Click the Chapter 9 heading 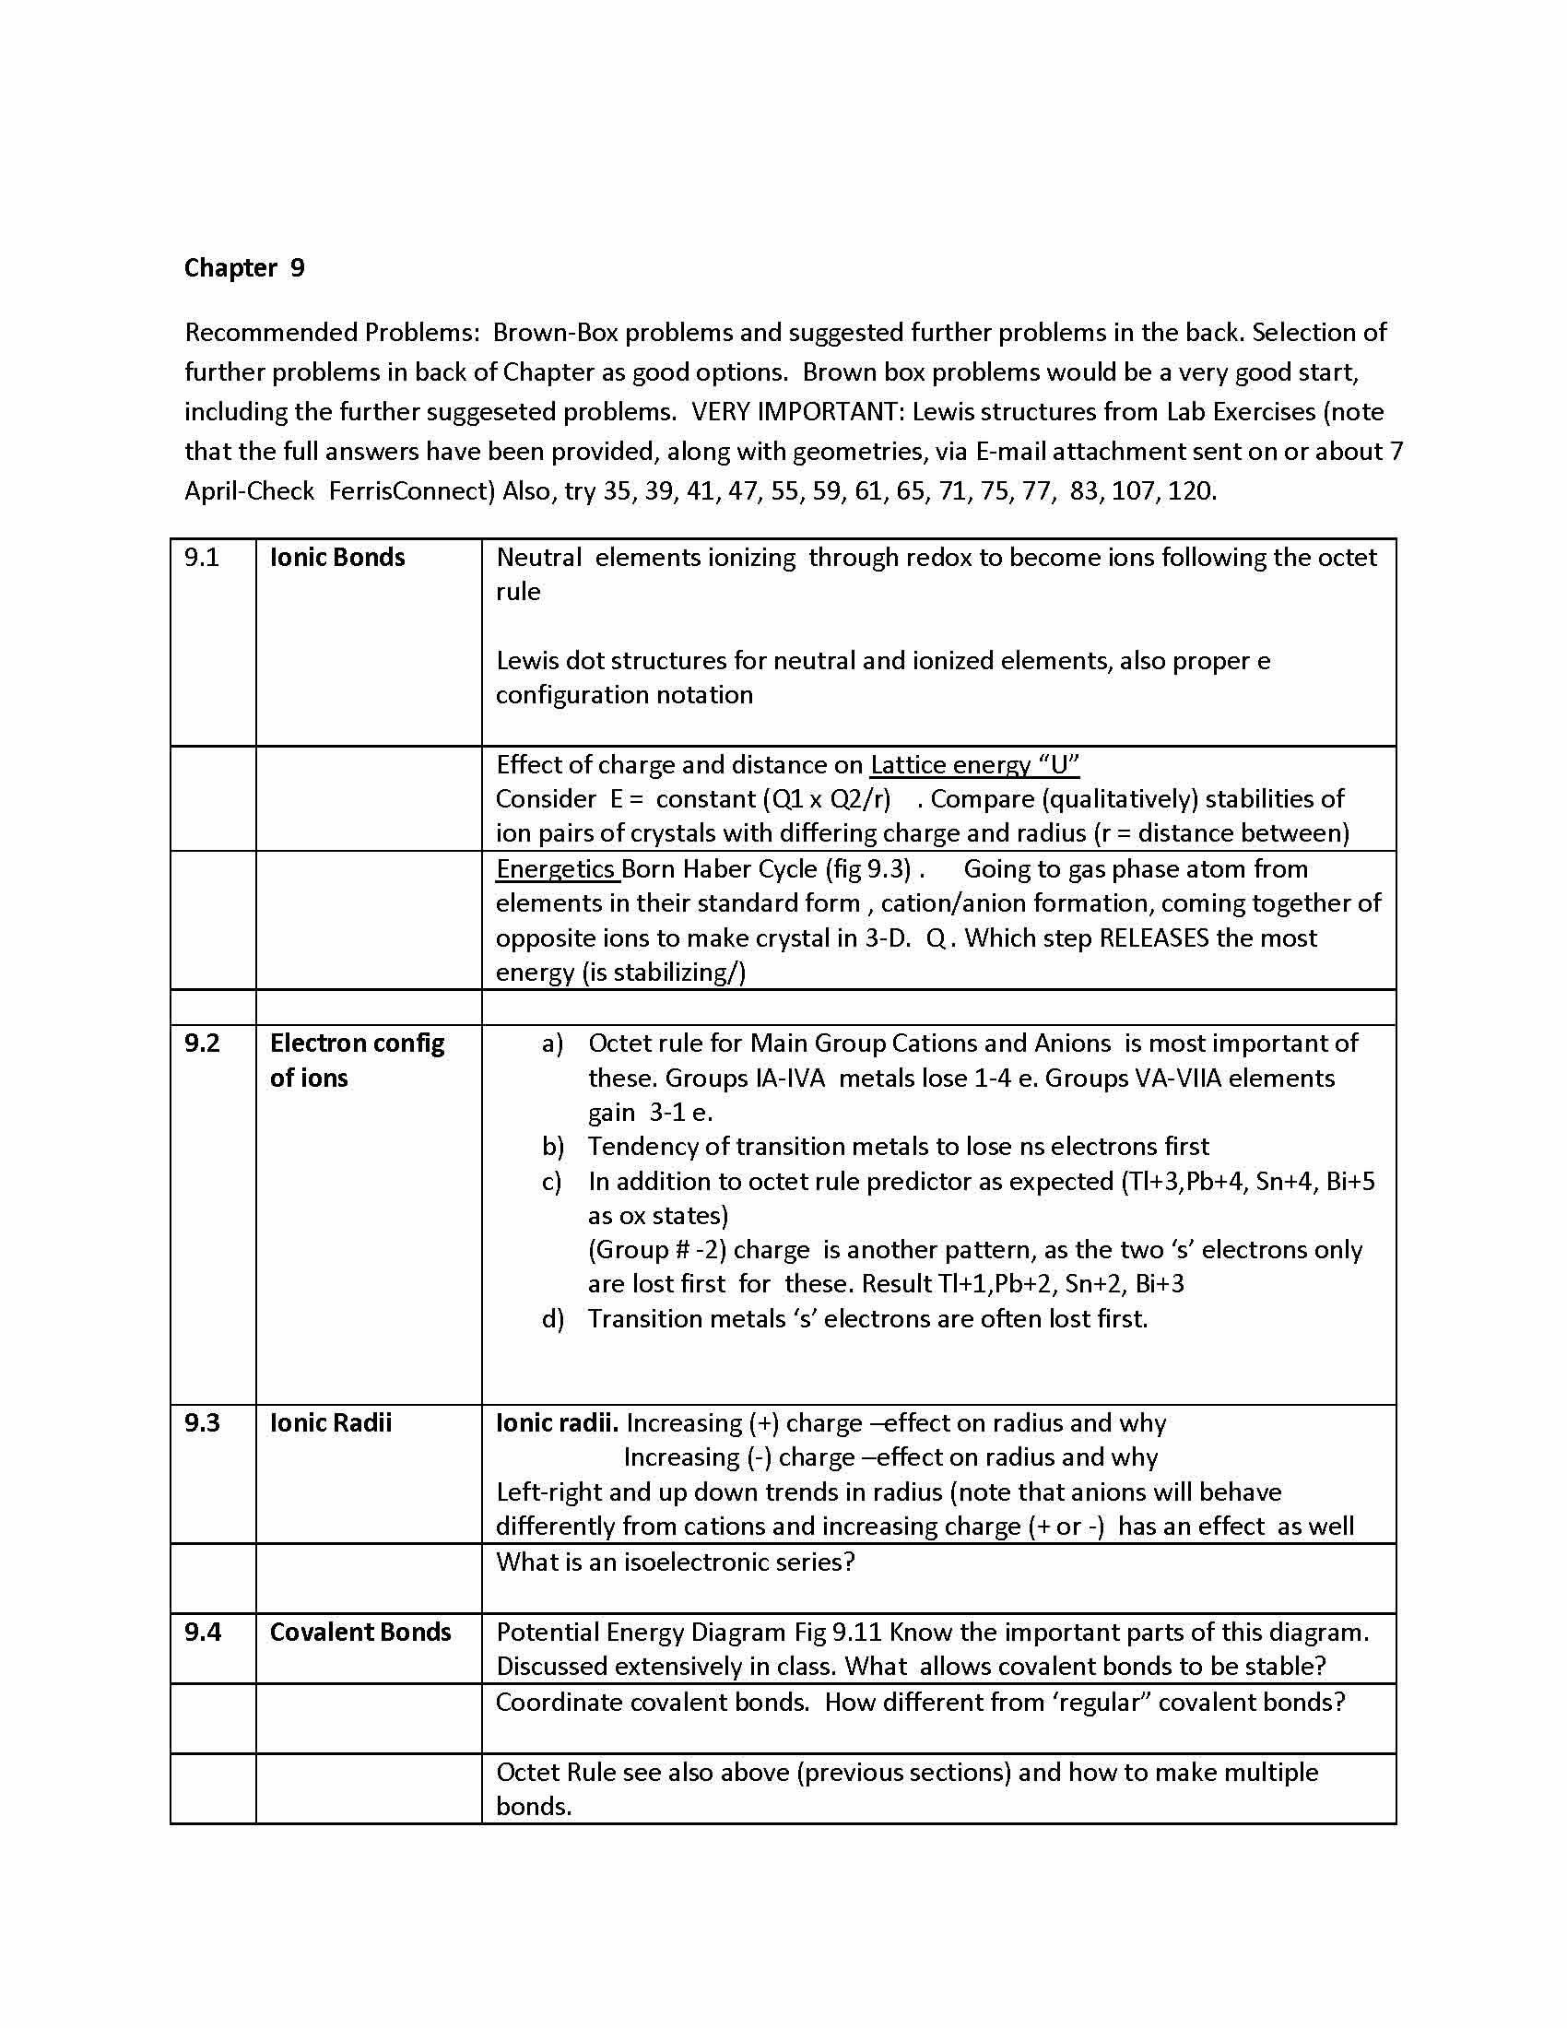point(244,268)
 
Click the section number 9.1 point(202,557)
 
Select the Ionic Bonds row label point(337,557)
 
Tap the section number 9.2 point(202,1043)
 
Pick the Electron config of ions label point(357,1060)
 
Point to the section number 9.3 point(202,1422)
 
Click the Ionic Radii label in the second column point(331,1422)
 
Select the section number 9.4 point(202,1632)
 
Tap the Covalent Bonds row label point(360,1632)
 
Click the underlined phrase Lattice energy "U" point(973,764)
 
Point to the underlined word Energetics point(555,869)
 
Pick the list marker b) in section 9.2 point(552,1147)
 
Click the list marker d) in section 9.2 point(552,1318)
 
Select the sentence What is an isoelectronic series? point(675,1562)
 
